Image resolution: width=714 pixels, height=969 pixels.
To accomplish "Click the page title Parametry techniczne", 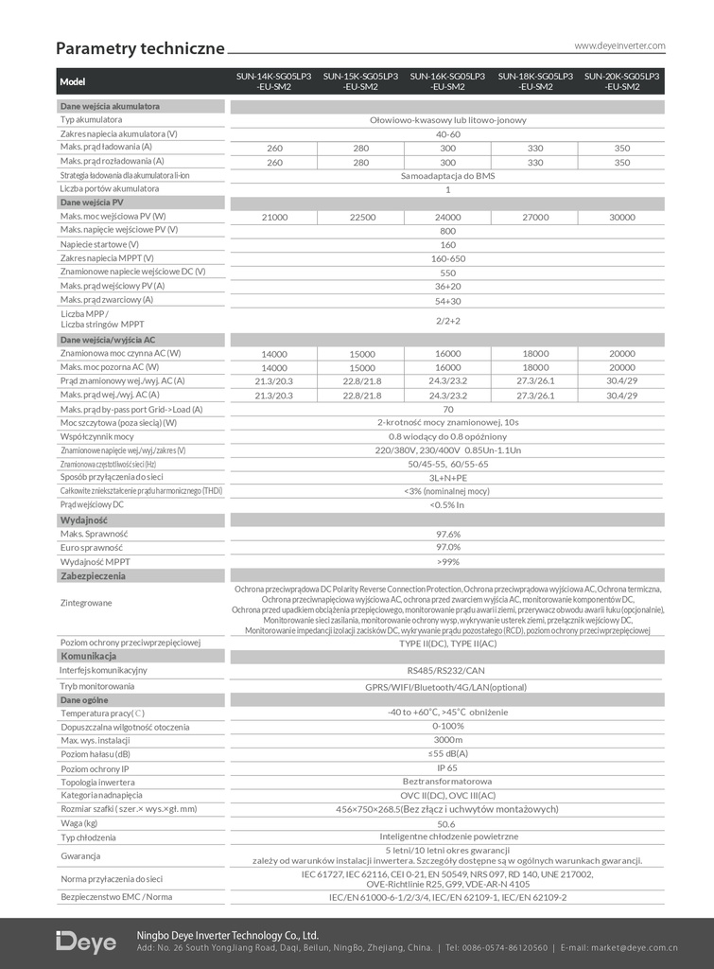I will coord(140,48).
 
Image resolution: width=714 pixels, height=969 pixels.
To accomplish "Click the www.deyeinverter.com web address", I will coord(619,45).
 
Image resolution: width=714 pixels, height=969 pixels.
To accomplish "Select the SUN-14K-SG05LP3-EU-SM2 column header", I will coord(274,81).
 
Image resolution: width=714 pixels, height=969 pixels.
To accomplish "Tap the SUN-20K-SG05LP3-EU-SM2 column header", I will coord(621,81).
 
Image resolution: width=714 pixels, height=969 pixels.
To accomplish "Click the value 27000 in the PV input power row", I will coord(535,218).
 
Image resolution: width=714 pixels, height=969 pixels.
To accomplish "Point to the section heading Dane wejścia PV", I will coord(92,203).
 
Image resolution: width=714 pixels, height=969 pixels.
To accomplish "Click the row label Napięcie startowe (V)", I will coord(99,244).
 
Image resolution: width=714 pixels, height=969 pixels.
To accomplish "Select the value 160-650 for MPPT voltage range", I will coord(447,258).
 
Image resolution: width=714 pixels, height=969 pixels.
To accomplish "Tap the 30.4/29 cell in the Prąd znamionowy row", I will coord(621,380).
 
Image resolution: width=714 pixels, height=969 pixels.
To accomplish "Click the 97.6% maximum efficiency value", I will coord(447,534).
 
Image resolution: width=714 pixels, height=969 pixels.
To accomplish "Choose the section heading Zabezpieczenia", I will coord(93,575).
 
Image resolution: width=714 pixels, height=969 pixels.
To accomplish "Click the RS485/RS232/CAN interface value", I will coord(447,671).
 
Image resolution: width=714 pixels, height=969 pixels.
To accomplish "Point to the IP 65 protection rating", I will coord(447,768).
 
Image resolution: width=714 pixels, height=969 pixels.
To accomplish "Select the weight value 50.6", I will coord(447,823).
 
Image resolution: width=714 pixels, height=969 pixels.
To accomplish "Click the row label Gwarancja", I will coord(80,855).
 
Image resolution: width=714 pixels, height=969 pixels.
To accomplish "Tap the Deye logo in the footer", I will coord(86,943).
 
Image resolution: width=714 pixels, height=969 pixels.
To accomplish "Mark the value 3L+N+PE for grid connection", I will coord(447,478).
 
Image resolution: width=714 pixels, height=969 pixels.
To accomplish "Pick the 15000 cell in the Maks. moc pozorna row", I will coord(361,367).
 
